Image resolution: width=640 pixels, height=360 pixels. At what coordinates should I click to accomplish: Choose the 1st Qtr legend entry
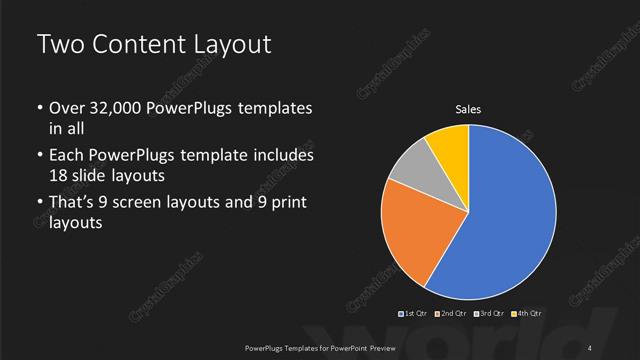(414, 314)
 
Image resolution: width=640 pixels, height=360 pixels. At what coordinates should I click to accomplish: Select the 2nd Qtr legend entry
(453, 314)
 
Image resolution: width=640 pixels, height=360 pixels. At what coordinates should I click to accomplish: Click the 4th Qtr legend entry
(528, 314)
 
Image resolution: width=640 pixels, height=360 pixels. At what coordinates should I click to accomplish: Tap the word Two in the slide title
(59, 45)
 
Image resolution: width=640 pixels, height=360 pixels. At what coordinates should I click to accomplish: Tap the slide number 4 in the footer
(590, 347)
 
